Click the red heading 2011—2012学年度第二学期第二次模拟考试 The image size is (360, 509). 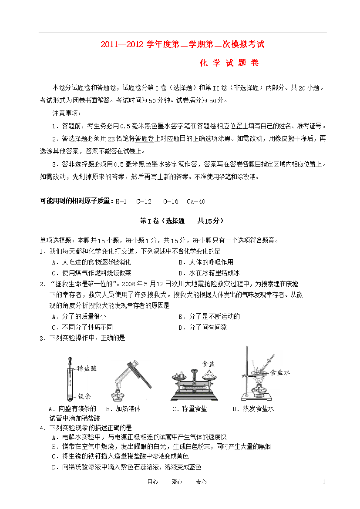tap(182, 44)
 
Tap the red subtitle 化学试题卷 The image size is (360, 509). tap(229, 63)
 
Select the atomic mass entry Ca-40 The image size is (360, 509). tap(196, 201)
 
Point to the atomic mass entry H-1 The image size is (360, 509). tap(121, 201)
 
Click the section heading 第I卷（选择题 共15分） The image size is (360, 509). tap(182, 221)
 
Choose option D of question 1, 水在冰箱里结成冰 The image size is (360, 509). tap(209, 273)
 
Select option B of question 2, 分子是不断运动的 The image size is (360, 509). tap(209, 317)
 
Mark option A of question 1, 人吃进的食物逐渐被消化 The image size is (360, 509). tap(91, 262)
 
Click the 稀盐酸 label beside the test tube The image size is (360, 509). tap(87, 368)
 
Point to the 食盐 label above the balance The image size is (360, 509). tap(208, 364)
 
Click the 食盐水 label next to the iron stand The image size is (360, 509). tap(280, 372)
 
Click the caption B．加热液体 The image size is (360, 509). tap(123, 409)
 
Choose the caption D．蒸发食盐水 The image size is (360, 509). tap(253, 409)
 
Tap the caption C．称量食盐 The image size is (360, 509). tap(189, 409)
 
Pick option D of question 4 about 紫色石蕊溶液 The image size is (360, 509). tap(126, 467)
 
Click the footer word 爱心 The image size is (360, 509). tap(177, 482)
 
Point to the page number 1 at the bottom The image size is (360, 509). tap(324, 482)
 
